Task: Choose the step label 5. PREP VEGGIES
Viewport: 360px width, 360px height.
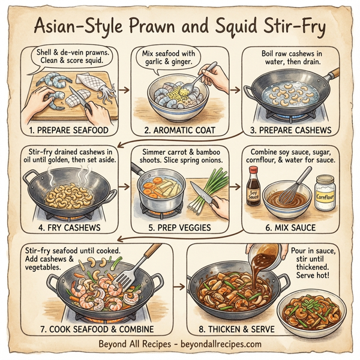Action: click(182, 228)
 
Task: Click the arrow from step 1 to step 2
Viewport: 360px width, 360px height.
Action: click(124, 90)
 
